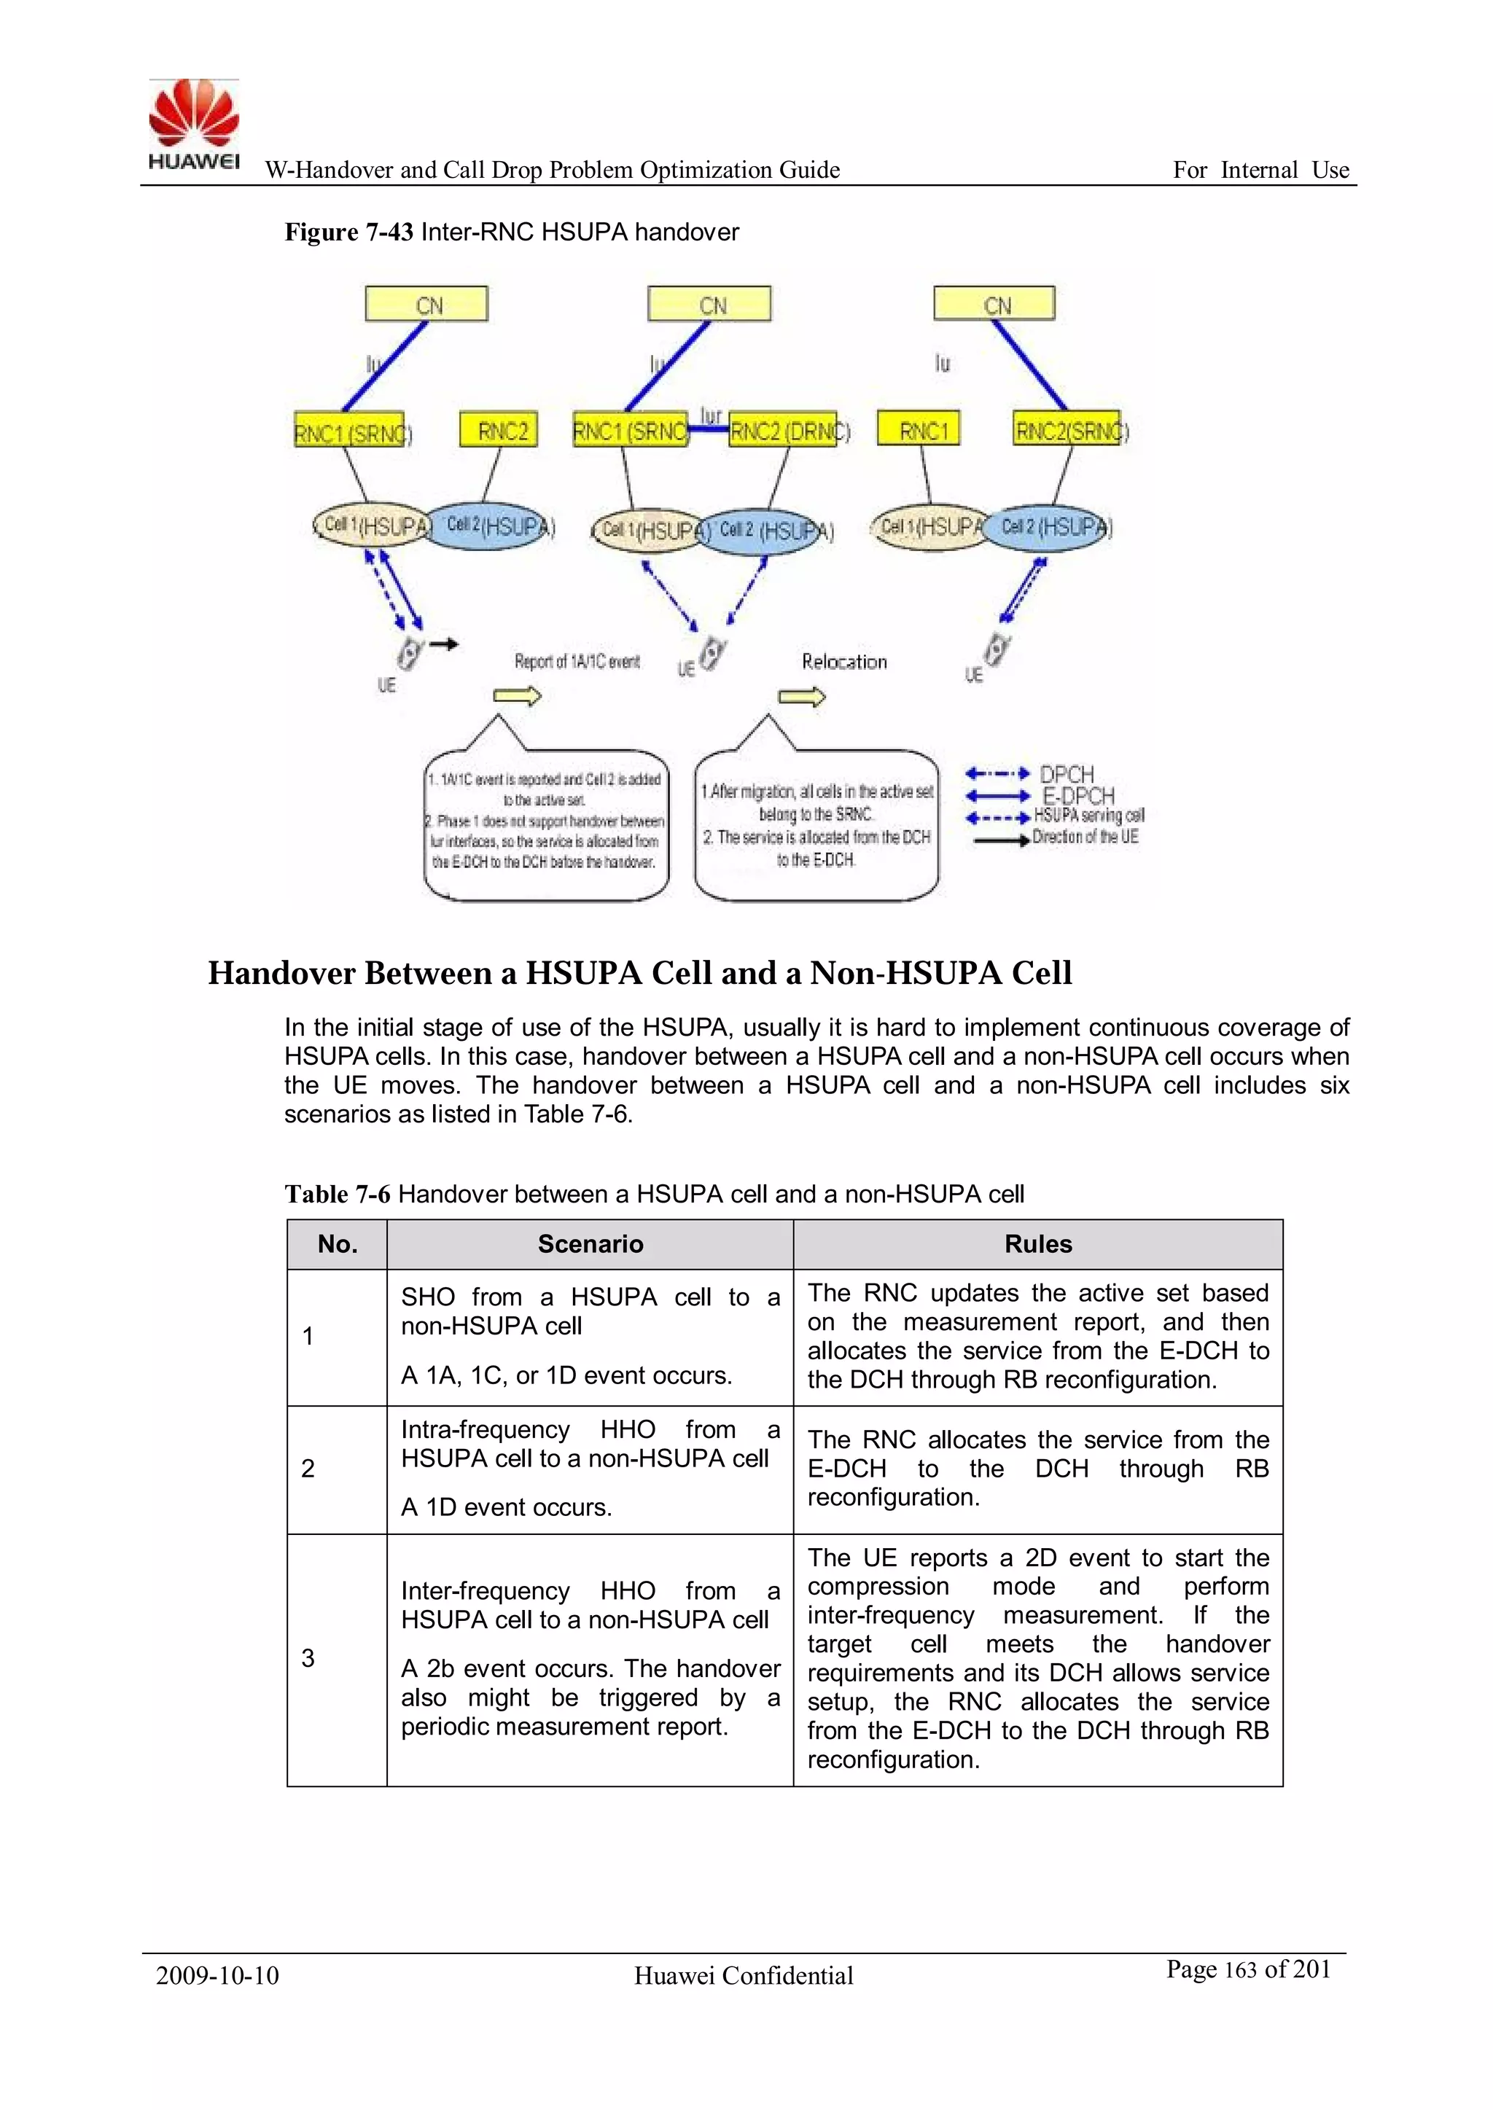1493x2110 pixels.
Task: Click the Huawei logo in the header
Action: point(194,124)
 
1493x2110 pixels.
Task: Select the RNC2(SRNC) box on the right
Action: point(1067,429)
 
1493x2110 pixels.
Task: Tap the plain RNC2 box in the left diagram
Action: point(499,430)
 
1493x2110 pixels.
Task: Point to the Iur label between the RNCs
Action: point(711,416)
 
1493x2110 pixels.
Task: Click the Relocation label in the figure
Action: point(844,662)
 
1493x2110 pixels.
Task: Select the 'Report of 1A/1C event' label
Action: point(577,662)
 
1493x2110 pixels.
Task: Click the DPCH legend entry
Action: point(1067,774)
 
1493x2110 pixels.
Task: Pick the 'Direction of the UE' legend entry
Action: point(1085,837)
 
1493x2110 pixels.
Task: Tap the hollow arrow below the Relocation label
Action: point(802,698)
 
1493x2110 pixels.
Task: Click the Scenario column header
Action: point(590,1244)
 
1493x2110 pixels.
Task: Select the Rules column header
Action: point(1038,1244)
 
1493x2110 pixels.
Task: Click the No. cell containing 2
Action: point(309,1469)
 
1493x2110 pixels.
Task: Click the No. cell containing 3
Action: point(309,1658)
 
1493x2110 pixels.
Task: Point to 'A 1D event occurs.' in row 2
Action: point(507,1507)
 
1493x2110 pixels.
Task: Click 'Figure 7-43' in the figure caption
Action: point(348,233)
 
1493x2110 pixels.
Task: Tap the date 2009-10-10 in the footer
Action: point(217,1976)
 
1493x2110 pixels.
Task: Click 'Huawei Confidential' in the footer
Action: point(744,1976)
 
